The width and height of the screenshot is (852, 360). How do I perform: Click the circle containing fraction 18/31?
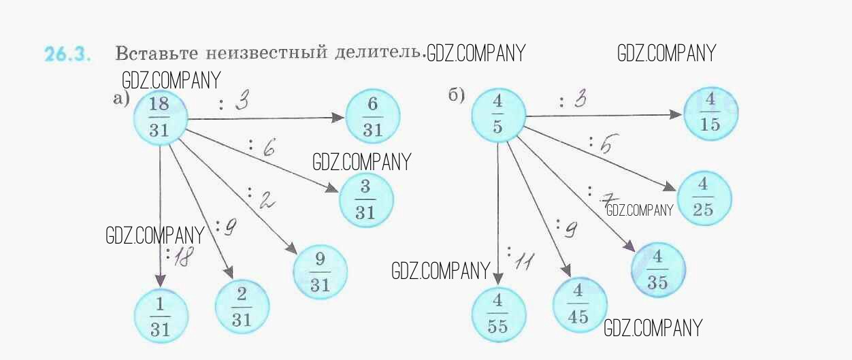(159, 117)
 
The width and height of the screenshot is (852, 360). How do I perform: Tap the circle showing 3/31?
(365, 199)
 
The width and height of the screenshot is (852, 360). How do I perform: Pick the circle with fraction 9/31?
(320, 272)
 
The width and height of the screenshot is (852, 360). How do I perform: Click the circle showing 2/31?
(242, 307)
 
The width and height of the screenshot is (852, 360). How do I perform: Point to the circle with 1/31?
(161, 316)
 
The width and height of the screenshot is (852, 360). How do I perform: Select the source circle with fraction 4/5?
(497, 116)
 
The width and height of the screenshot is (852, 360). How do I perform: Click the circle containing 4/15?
(711, 114)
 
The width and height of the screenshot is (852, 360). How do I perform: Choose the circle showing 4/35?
(657, 270)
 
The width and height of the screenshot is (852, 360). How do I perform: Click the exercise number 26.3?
(67, 54)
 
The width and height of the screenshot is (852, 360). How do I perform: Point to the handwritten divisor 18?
(180, 257)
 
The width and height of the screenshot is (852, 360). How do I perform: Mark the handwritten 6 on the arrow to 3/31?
(268, 149)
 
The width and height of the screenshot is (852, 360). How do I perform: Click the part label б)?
(456, 96)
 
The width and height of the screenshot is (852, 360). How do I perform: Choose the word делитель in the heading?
(382, 52)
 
